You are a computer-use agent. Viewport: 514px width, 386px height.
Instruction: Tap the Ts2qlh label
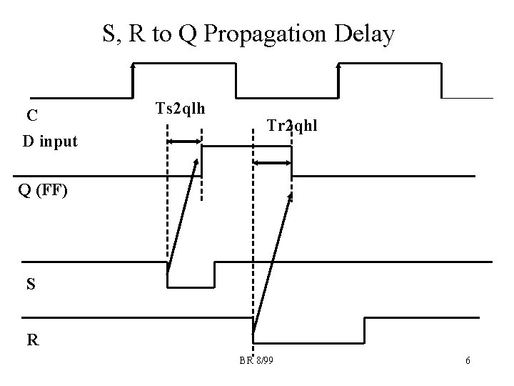(180, 109)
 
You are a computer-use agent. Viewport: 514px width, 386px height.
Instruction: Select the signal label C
(33, 116)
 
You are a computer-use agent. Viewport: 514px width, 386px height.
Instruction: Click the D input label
(49, 141)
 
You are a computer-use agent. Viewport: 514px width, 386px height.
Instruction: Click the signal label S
(29, 284)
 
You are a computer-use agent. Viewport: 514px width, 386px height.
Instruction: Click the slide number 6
(467, 361)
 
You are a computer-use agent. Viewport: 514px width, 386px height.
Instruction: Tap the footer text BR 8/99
(256, 360)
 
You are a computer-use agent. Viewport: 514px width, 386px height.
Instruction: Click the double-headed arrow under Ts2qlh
(184, 142)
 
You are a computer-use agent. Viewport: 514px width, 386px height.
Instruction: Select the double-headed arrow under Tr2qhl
(273, 164)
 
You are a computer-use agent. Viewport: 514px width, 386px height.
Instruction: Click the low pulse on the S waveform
(191, 275)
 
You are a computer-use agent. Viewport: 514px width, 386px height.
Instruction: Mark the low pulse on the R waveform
(308, 330)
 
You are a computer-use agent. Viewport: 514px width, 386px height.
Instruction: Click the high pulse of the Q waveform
(246, 147)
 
